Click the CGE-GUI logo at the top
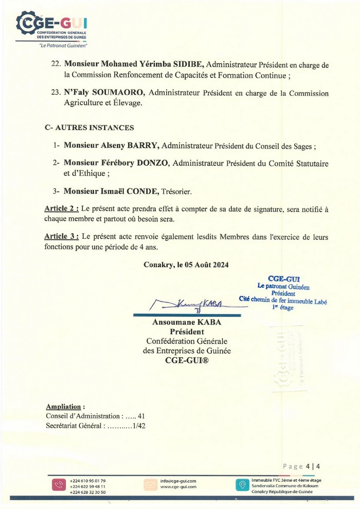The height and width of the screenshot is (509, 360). (x=51, y=28)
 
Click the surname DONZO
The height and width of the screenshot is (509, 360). (x=153, y=163)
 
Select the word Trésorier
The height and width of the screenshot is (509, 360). (x=174, y=191)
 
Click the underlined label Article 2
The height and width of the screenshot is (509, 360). (x=62, y=209)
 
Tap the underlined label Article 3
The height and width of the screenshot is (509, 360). (x=62, y=237)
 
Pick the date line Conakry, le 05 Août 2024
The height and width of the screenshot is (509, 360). (x=187, y=265)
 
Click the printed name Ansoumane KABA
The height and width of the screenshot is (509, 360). (x=186, y=322)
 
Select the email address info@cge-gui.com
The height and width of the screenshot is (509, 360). (x=178, y=481)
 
